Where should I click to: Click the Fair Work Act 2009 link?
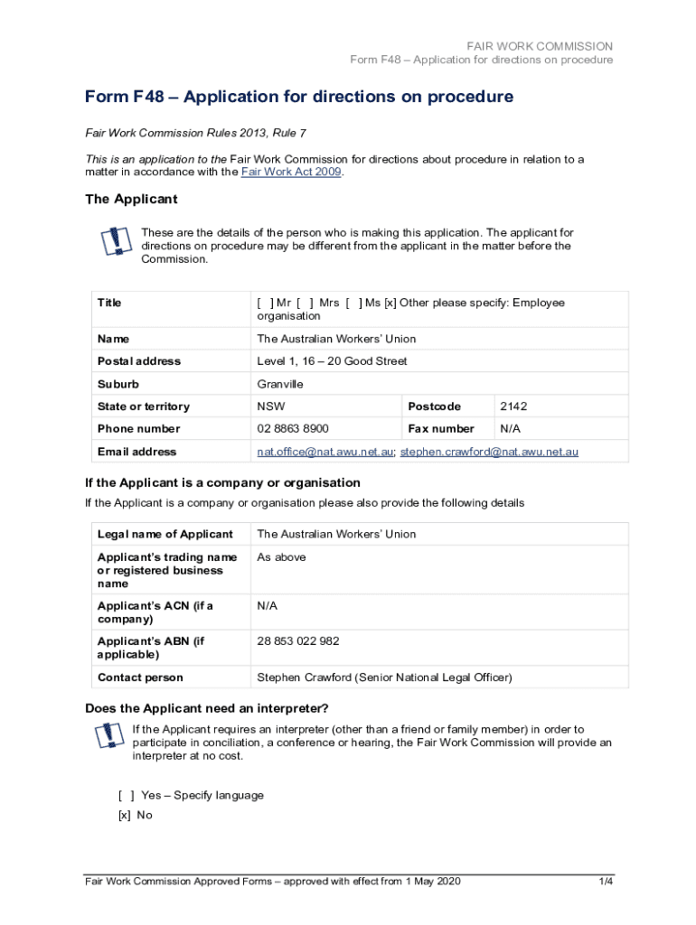coord(291,173)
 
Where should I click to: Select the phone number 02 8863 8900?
coord(293,429)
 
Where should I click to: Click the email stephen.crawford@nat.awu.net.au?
coord(489,452)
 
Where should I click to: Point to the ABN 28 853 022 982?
coord(298,641)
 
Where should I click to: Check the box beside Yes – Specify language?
coord(127,796)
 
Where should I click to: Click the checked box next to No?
coord(124,815)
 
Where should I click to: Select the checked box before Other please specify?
coord(390,303)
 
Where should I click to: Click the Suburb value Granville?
coord(280,384)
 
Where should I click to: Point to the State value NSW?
coord(271,406)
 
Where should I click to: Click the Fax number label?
coord(441,429)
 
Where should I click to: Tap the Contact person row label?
coord(140,677)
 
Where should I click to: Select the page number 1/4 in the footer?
coord(606,882)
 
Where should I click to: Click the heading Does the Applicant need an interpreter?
coord(207,707)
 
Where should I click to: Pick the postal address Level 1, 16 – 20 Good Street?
coord(332,361)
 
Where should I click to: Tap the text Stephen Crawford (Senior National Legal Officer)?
coord(384,677)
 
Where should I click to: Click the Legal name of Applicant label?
coord(165,534)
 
